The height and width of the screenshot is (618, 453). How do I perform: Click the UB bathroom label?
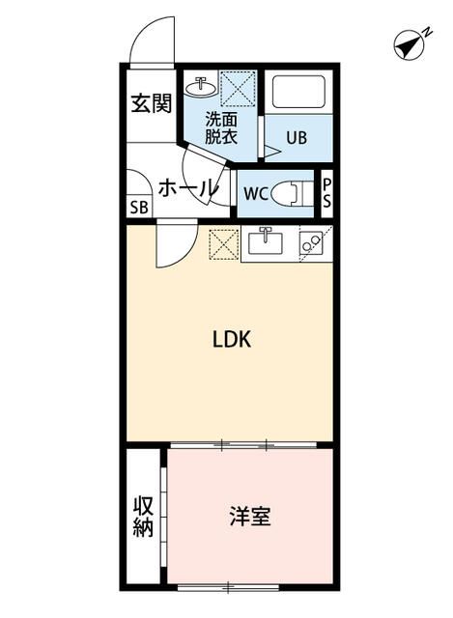point(296,137)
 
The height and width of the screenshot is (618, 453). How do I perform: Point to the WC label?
point(255,193)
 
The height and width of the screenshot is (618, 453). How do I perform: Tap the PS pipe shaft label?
point(327,193)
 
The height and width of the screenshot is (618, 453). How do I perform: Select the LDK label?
point(232,340)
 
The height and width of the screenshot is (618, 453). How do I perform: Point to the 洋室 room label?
point(249,517)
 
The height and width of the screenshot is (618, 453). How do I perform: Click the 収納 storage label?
point(144,517)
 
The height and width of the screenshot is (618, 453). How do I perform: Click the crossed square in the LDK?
point(223,242)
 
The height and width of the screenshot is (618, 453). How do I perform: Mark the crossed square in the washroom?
point(237,88)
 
